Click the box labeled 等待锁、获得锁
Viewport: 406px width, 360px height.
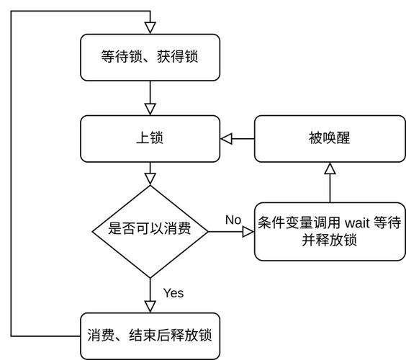(x=150, y=56)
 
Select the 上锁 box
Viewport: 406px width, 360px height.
(x=150, y=138)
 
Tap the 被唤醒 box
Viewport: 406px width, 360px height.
(x=329, y=138)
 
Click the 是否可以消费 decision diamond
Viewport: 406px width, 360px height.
(x=150, y=230)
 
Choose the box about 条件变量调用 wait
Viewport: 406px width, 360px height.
(x=329, y=231)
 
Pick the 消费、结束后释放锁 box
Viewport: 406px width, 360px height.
(x=150, y=336)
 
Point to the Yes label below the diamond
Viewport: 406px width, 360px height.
(x=173, y=293)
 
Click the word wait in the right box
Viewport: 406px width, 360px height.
(x=358, y=223)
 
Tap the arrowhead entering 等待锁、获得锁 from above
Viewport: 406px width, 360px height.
(x=150, y=27)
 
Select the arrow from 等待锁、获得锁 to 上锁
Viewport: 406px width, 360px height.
(x=150, y=97)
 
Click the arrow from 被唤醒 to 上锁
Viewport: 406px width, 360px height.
(x=238, y=138)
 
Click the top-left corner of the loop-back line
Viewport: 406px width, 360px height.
(x=12, y=12)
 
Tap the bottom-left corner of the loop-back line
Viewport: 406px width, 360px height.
(x=12, y=336)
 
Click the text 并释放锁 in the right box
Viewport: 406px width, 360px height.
(x=329, y=240)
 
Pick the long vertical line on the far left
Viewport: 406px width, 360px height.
(x=12, y=173)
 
